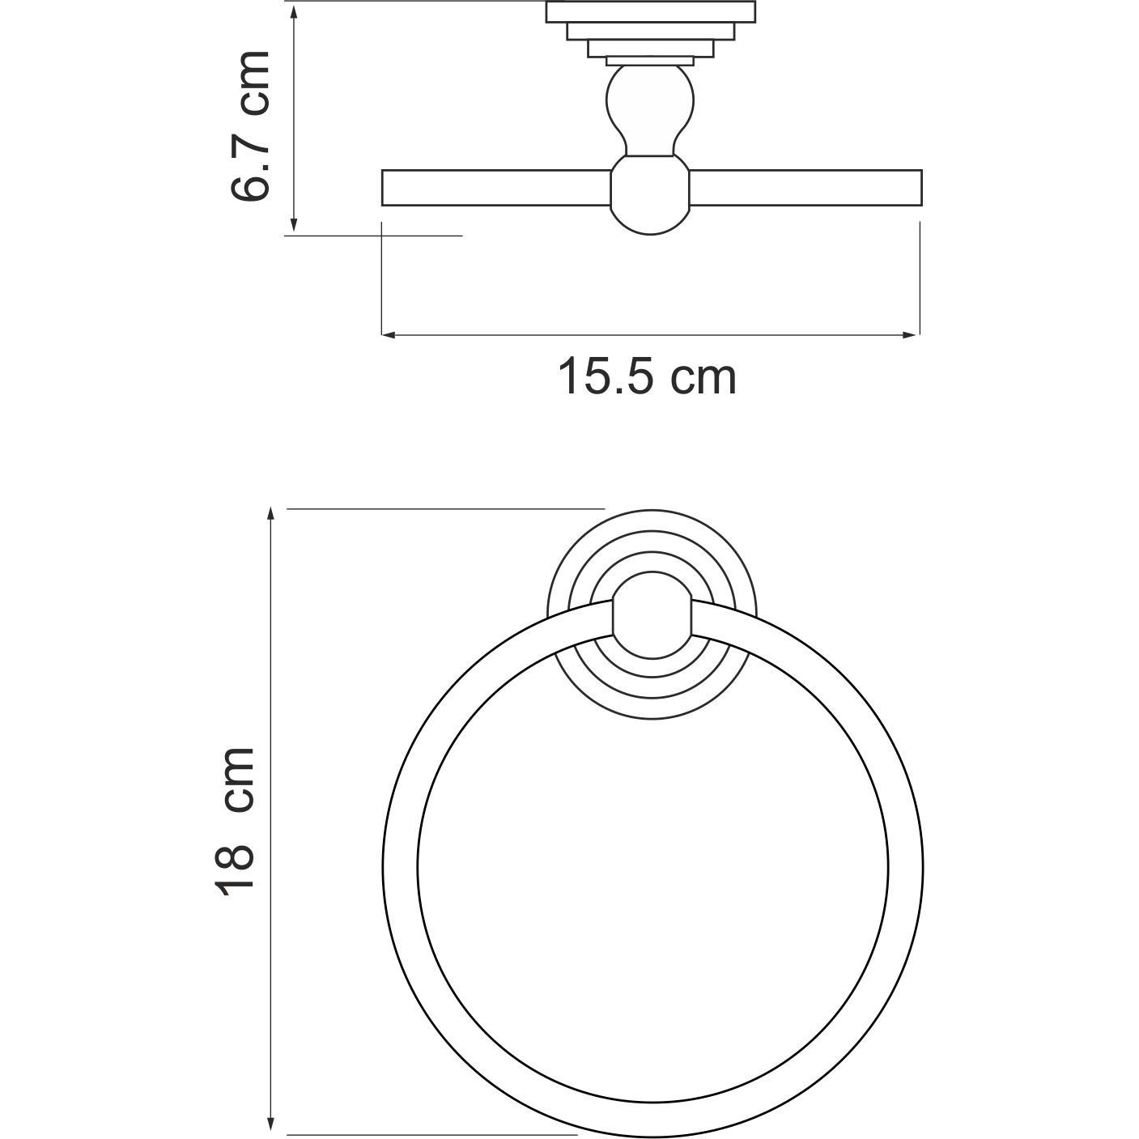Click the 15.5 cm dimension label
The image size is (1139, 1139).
pyautogui.click(x=648, y=377)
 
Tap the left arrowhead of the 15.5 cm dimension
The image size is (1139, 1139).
pyautogui.click(x=388, y=334)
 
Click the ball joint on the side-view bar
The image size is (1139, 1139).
pyautogui.click(x=649, y=196)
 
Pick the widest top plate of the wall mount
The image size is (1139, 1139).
pyautogui.click(x=651, y=12)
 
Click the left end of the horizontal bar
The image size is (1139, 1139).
pyautogui.click(x=387, y=188)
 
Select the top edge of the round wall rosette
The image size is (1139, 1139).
pyautogui.click(x=652, y=513)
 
